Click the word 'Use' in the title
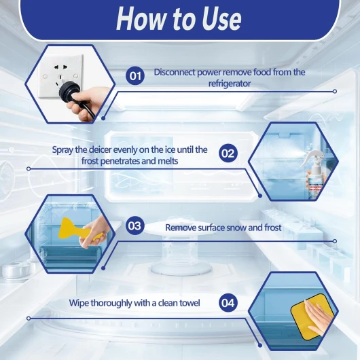[222, 19]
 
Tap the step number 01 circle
[135, 75]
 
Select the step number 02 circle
[228, 153]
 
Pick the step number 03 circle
[134, 226]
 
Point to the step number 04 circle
[228, 302]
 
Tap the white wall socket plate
[60, 76]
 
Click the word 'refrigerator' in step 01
[229, 84]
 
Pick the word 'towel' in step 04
[190, 303]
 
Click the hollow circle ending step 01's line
[335, 92]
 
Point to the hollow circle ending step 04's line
[29, 319]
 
